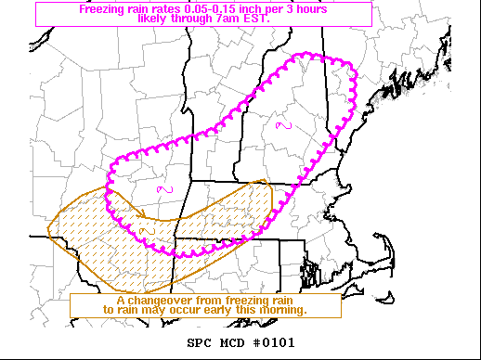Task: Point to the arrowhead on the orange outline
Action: click(x=266, y=183)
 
